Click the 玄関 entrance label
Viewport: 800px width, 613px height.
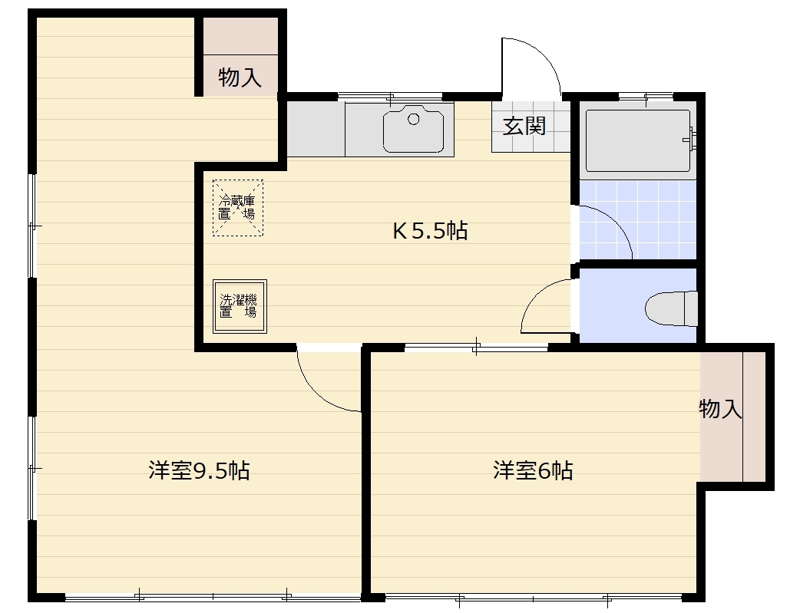tap(524, 126)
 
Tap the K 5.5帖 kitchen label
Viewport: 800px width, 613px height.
tap(430, 231)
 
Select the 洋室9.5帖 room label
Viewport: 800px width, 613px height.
tap(199, 470)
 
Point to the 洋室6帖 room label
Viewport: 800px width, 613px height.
tap(533, 470)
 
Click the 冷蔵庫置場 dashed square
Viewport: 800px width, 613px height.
tap(238, 208)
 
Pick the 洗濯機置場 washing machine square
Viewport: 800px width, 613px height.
tap(240, 306)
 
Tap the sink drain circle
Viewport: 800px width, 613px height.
tap(414, 120)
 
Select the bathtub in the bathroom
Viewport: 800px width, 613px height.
tap(638, 140)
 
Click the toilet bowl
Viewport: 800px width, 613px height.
tap(672, 308)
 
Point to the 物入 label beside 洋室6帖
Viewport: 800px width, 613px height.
tap(720, 409)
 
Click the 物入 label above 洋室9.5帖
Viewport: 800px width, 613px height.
tap(240, 77)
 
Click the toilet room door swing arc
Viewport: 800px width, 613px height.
tap(536, 295)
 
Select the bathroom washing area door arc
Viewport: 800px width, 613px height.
tap(616, 221)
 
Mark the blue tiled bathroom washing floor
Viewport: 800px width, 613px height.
tap(638, 220)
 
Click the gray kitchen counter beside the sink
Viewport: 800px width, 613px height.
tap(316, 129)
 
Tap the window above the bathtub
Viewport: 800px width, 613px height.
tap(646, 96)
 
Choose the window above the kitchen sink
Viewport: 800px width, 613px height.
tap(390, 96)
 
